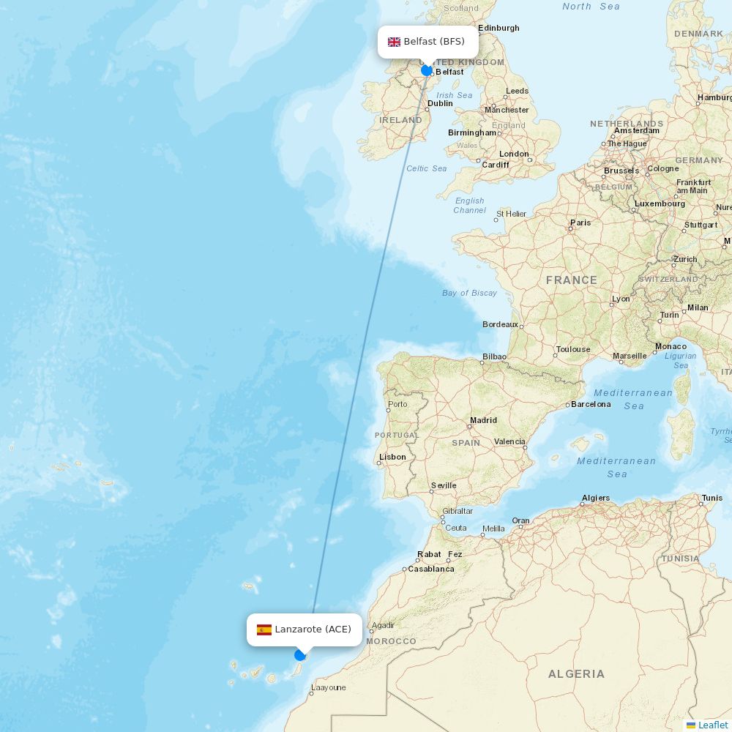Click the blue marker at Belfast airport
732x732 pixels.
[x=427, y=70]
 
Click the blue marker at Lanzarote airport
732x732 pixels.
[x=300, y=654]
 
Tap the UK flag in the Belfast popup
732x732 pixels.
[x=394, y=42]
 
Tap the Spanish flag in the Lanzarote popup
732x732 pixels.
[x=264, y=630]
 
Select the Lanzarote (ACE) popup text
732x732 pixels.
[x=313, y=630]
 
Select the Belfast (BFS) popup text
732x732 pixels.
[x=434, y=42]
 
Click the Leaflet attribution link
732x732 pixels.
[x=712, y=725]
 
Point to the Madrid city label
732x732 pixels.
[x=483, y=420]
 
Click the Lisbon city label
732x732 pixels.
[x=392, y=457]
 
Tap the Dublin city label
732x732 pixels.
[x=440, y=103]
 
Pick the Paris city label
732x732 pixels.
[x=580, y=223]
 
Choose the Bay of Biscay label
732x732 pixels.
[x=469, y=293]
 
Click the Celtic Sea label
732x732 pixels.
[x=427, y=168]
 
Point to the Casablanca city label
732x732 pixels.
[x=431, y=569]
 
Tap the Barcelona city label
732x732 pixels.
[x=591, y=404]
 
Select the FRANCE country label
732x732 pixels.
[x=571, y=280]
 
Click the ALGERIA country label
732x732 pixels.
[x=576, y=673]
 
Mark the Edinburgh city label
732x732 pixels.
[x=498, y=28]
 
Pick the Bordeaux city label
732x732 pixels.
[x=500, y=324]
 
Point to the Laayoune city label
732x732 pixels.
[x=328, y=687]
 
